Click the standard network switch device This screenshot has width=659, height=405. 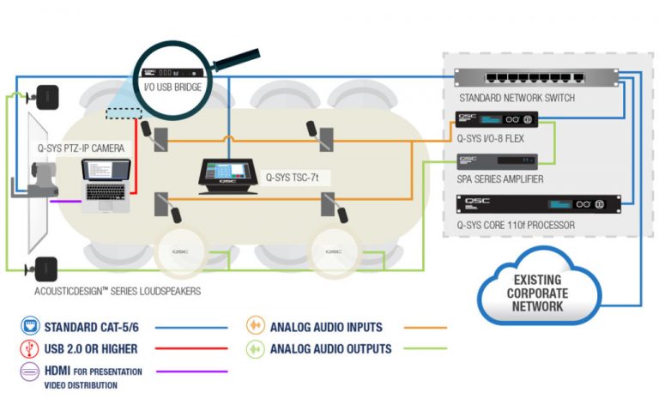point(533,78)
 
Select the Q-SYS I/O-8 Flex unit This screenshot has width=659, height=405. point(497,119)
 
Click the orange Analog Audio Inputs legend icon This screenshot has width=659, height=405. point(254,326)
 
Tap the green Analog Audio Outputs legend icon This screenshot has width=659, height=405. point(254,348)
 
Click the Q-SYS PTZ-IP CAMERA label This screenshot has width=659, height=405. point(80,148)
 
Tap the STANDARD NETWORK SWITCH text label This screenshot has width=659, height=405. point(516,98)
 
